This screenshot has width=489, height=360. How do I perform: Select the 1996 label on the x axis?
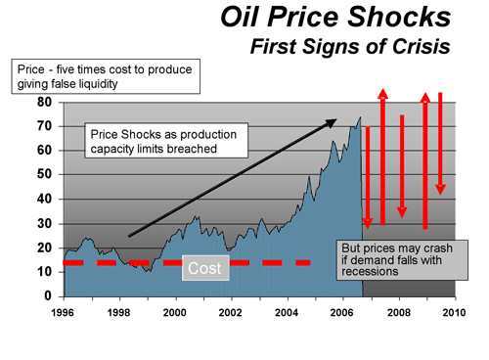64,313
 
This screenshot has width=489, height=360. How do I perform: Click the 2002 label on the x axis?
231,313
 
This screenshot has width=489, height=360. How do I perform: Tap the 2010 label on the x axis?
454,313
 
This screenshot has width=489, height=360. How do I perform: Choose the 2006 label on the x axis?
342,313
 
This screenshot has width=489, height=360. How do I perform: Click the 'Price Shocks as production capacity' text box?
157,142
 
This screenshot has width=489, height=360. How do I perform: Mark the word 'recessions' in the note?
370,272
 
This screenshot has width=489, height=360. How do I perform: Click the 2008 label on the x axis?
398,313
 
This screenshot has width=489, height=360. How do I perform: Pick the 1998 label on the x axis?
119,313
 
